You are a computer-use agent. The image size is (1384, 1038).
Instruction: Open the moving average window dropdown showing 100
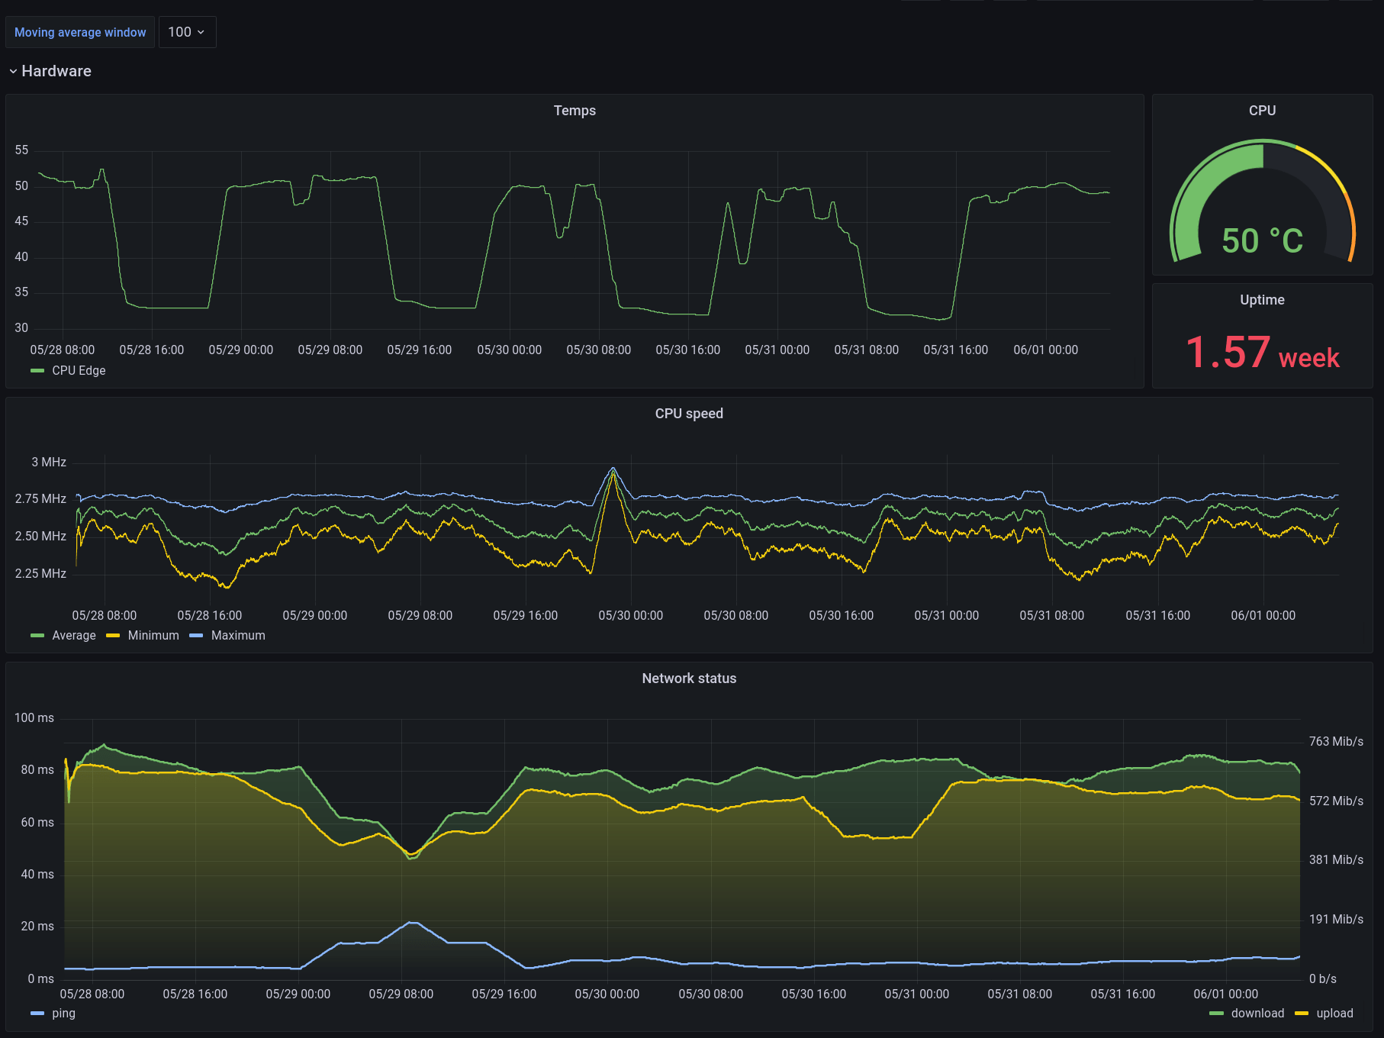click(187, 32)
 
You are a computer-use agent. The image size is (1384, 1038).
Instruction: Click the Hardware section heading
click(56, 71)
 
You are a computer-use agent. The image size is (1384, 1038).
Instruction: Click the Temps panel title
click(575, 111)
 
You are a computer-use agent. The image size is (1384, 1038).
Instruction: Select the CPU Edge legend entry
click(78, 370)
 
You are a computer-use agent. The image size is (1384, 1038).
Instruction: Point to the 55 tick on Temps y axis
click(21, 150)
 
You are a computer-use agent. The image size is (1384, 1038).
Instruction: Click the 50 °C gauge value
click(1262, 241)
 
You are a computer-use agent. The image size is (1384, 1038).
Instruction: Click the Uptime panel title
click(1262, 300)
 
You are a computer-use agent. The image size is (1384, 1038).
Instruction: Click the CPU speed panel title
click(688, 414)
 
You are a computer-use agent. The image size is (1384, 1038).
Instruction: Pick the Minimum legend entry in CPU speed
click(153, 635)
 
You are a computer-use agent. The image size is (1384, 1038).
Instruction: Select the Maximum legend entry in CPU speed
click(237, 635)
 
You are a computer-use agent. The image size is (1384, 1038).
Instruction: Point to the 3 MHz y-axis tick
click(49, 463)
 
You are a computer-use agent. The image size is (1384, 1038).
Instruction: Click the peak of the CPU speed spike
click(613, 469)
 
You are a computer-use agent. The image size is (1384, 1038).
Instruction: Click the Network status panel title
click(688, 679)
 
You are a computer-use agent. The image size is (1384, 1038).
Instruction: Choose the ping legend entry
click(63, 1013)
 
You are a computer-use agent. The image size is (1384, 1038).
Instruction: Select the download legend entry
click(1257, 1013)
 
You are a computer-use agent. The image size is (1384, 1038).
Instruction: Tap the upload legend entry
click(1334, 1013)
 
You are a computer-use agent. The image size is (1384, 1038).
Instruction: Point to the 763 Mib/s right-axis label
click(1335, 742)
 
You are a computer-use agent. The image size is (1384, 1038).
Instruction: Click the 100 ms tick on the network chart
click(34, 718)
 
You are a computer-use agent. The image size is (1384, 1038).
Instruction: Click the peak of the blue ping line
click(413, 923)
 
